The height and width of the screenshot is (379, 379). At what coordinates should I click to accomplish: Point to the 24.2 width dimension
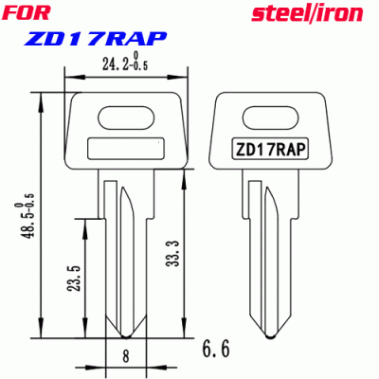coord(113,64)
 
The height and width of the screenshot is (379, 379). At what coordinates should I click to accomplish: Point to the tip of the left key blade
coord(125,334)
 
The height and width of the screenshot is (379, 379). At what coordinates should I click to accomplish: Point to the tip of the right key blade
coord(269,334)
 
